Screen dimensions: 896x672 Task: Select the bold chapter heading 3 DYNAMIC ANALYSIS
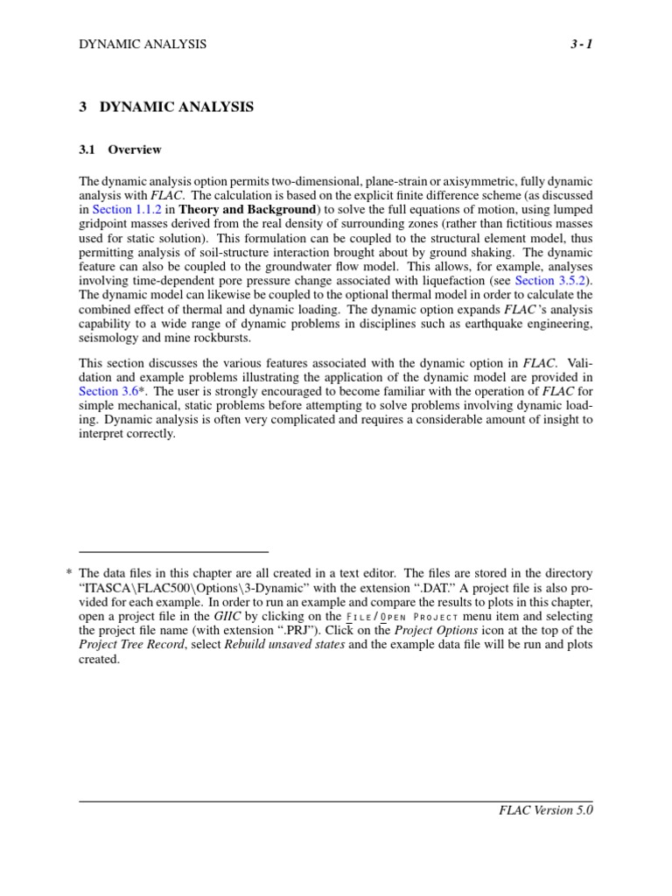(166, 108)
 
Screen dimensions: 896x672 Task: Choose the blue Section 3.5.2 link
(552, 280)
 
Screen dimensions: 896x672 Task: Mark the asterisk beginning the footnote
(68, 574)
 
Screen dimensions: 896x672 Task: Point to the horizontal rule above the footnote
(173, 552)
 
